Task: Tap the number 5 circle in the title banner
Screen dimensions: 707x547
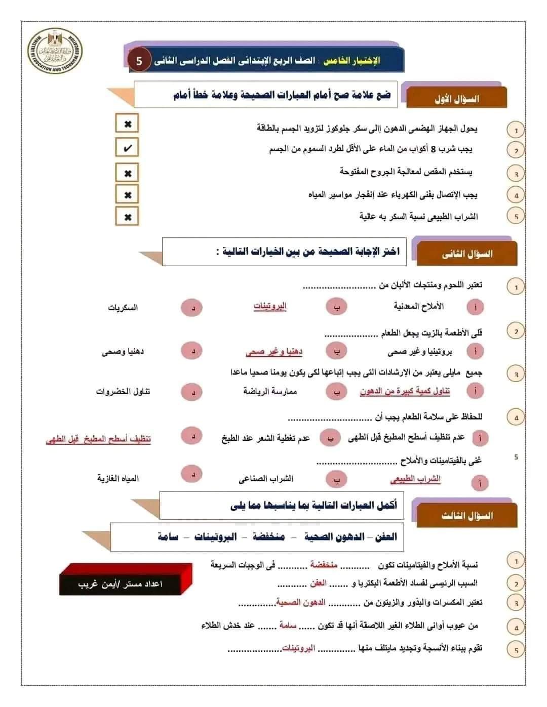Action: [139, 61]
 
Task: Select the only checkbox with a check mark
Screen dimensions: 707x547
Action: [127, 148]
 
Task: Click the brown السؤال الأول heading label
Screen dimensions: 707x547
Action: [456, 99]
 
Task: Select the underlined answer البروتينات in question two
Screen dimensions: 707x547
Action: [270, 306]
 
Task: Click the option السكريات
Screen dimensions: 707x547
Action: [123, 308]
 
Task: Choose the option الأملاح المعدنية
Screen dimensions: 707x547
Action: [418, 306]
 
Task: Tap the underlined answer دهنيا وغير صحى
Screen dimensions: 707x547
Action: [274, 351]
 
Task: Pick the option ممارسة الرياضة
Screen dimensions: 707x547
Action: [270, 391]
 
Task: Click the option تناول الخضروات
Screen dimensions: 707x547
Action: [123, 392]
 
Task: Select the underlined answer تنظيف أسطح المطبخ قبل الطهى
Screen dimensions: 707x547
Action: [99, 439]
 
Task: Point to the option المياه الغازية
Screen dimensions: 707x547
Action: [118, 478]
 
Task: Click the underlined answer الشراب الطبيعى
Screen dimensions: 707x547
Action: [415, 479]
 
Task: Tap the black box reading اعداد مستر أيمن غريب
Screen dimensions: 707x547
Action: [121, 584]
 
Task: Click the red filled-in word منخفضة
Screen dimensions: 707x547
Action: [324, 565]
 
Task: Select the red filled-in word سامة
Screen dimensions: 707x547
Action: [287, 626]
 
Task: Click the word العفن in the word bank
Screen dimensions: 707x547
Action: [385, 537]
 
